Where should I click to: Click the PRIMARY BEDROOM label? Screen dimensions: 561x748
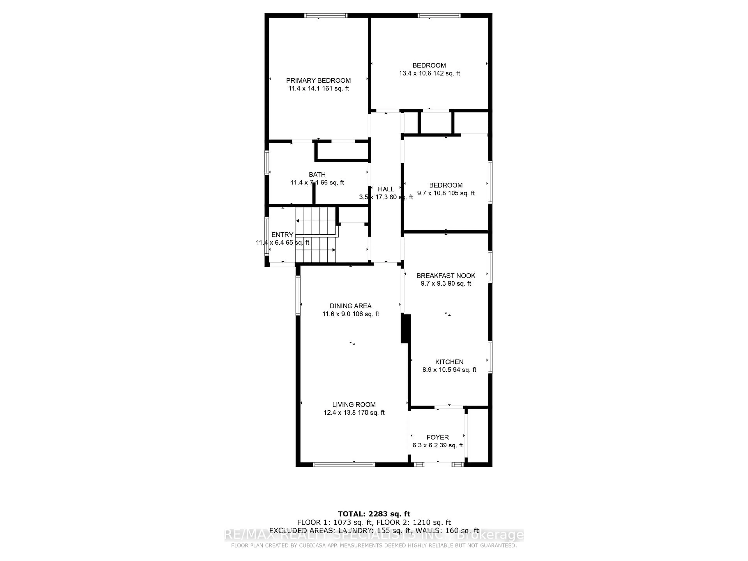tap(318, 80)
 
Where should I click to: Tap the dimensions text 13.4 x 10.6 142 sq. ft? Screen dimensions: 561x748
tap(429, 73)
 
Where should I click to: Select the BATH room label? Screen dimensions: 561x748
tap(317, 175)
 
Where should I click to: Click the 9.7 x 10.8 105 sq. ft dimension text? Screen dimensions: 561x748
tap(446, 193)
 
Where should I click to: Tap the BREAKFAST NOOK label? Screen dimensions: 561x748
tap(446, 276)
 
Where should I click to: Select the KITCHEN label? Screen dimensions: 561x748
tap(449, 362)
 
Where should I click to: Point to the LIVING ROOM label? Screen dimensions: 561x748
tap(354, 404)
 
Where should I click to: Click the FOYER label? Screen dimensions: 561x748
tap(438, 437)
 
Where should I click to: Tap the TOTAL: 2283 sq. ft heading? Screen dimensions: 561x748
tap(374, 514)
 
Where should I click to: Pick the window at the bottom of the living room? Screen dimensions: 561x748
tap(344, 465)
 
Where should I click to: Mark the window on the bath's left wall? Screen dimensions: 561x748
tap(266, 163)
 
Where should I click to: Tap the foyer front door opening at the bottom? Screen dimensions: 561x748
tap(437, 465)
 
